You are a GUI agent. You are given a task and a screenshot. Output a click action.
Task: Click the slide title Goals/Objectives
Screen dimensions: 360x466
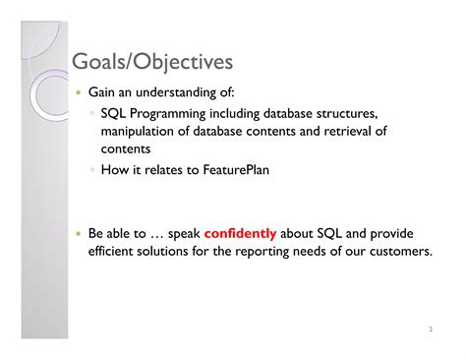pos(152,63)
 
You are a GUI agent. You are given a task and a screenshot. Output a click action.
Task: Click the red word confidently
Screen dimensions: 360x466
pos(241,234)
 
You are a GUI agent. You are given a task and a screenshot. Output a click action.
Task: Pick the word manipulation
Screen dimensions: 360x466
pos(136,132)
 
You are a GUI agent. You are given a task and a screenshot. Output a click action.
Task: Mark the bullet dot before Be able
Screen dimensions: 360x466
pos(78,234)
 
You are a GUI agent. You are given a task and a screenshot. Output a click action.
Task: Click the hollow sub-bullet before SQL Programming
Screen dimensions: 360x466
pos(91,115)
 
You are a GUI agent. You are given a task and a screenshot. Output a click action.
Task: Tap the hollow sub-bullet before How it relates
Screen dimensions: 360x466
pos(91,168)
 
